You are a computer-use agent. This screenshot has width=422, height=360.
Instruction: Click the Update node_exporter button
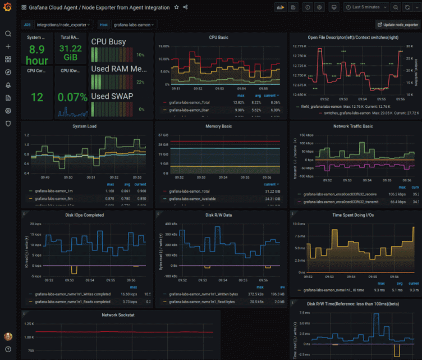pos(397,25)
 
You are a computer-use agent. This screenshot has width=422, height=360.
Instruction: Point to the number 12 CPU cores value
pos(36,97)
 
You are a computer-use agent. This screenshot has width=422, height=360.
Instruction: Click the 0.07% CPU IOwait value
pos(71,96)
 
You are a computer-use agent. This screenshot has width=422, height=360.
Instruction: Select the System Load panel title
pos(85,126)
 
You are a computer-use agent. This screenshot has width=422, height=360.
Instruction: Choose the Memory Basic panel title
pos(218,126)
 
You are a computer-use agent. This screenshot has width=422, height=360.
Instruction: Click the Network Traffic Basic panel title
pos(352,126)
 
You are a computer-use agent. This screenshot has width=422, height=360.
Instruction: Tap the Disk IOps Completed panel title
pos(85,215)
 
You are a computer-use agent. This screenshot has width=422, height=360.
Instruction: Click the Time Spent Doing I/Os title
pos(352,215)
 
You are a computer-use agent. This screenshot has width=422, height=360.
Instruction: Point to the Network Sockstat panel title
pos(117,315)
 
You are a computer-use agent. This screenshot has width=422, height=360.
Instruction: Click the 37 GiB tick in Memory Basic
pos(163,135)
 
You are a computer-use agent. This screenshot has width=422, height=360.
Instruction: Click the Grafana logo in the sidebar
pos(8,8)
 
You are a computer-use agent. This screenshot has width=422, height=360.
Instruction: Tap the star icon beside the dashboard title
pos(176,7)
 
